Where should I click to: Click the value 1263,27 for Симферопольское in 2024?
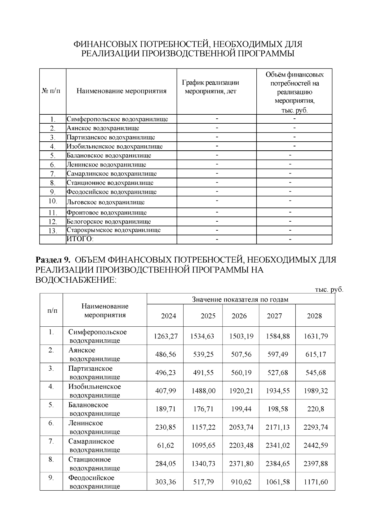click(166, 336)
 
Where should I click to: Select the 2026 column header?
click(239, 316)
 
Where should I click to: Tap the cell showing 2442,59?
click(316, 445)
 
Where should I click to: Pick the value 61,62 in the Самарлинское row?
click(166, 445)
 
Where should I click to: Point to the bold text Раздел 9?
click(53, 259)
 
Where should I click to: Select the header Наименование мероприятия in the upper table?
click(121, 91)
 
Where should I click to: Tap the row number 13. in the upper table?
click(53, 231)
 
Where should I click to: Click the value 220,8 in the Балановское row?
click(316, 409)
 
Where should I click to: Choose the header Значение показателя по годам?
click(240, 299)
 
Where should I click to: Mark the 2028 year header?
click(314, 316)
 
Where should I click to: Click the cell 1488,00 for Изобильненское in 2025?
click(203, 391)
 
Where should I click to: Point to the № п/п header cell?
click(51, 91)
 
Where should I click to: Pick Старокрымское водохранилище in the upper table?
click(114, 230)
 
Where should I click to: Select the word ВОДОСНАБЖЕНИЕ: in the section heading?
click(76, 280)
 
